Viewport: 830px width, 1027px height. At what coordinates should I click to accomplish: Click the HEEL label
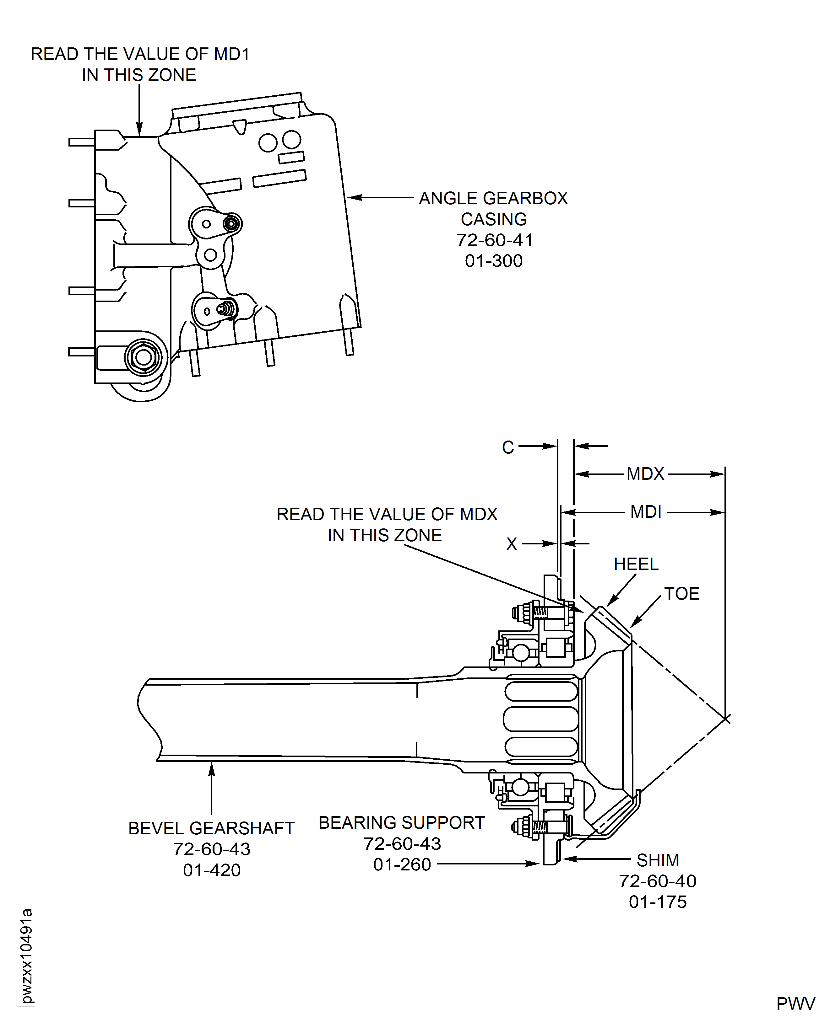coord(636,564)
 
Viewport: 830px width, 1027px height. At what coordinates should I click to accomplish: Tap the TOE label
coord(682,594)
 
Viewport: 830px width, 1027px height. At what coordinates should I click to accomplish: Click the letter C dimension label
coord(508,447)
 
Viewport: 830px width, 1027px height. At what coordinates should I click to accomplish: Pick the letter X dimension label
coord(512,544)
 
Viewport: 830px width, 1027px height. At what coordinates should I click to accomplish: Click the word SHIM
coord(658,860)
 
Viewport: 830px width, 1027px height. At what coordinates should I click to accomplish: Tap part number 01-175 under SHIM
coord(658,902)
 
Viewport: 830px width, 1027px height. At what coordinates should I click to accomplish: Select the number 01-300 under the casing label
coord(494,261)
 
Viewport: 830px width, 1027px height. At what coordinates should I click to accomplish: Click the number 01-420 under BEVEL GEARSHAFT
coord(212,870)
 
